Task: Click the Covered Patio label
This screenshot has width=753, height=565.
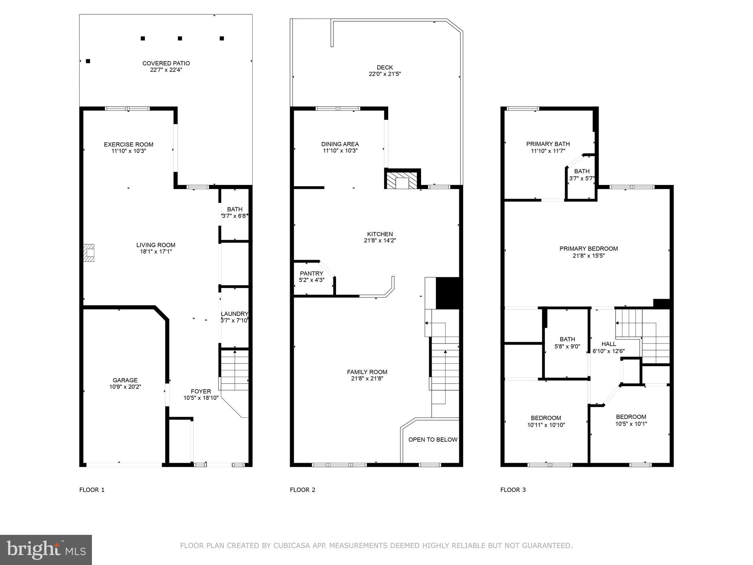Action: click(x=166, y=63)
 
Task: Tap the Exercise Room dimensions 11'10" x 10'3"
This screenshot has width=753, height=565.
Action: click(x=129, y=151)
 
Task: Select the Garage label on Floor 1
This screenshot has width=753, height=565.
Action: click(x=125, y=380)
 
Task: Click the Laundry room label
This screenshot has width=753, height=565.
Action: click(x=235, y=314)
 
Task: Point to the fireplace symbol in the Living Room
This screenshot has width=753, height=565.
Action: click(x=89, y=253)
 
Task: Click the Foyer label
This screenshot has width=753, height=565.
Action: click(x=201, y=391)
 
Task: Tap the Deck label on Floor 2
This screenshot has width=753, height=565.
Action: click(x=385, y=67)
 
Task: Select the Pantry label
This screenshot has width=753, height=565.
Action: click(x=311, y=273)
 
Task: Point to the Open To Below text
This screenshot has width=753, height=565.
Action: click(x=433, y=440)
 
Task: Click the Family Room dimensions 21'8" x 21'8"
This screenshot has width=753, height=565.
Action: click(x=367, y=379)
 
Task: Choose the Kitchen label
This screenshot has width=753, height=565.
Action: click(x=380, y=234)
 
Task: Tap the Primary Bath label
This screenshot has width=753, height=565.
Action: click(x=548, y=144)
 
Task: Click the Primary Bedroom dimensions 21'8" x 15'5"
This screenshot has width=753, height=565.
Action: click(x=588, y=255)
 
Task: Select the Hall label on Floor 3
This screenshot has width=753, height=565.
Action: click(x=609, y=344)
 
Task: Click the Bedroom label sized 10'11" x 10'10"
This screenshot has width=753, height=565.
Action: click(x=546, y=418)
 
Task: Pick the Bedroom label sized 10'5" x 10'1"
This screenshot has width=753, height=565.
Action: click(x=631, y=417)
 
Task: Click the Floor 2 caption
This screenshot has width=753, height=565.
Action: click(x=303, y=490)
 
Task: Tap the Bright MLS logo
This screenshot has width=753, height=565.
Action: click(x=46, y=550)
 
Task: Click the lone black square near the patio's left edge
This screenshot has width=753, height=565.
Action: click(x=88, y=61)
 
